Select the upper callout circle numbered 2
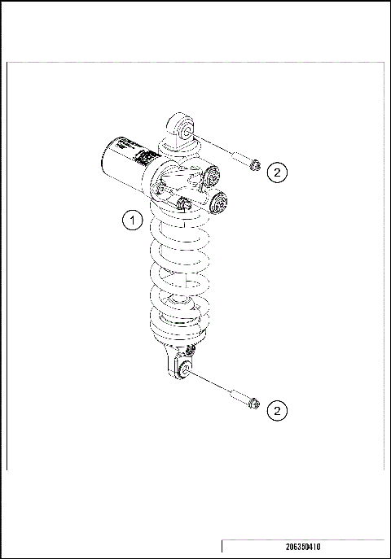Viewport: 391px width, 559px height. (x=278, y=172)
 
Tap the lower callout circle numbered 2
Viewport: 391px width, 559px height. (x=278, y=411)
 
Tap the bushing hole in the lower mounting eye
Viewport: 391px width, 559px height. (x=184, y=369)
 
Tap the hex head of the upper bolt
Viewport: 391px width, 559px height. (x=255, y=166)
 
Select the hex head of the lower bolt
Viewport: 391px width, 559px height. (x=255, y=404)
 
